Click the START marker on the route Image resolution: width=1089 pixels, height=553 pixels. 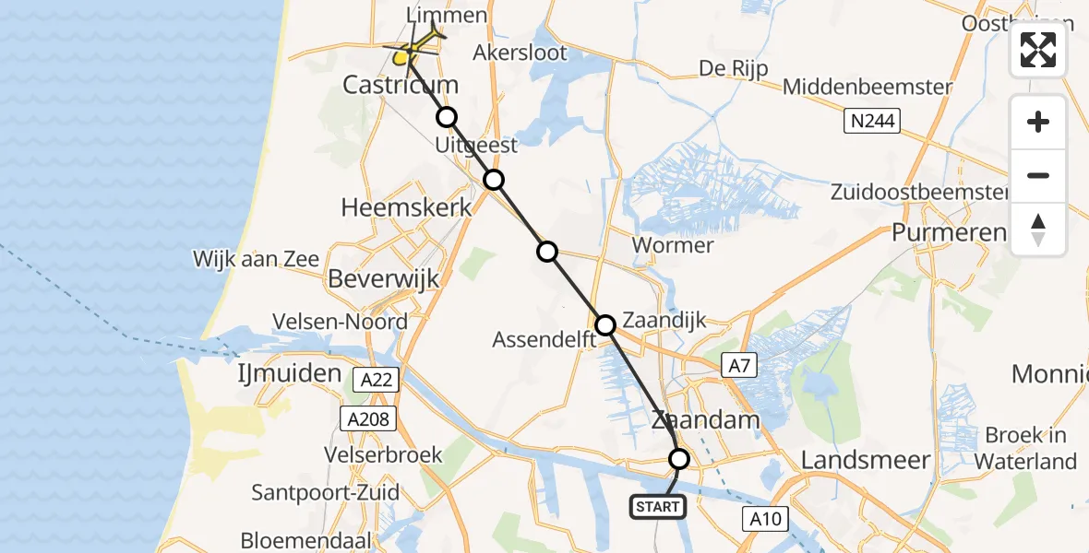point(658,506)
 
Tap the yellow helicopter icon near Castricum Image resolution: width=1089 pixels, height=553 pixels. point(404,57)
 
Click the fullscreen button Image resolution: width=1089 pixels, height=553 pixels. point(1038,50)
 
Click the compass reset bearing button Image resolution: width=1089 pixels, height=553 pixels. point(1038,229)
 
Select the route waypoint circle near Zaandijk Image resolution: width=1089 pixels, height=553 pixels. point(605,324)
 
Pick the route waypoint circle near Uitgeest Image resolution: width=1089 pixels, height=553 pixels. point(495,180)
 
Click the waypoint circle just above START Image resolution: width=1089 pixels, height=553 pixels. point(679,458)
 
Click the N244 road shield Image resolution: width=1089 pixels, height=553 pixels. point(871,120)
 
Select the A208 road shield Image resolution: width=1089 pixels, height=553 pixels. point(369,419)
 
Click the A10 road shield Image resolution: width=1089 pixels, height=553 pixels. point(765,519)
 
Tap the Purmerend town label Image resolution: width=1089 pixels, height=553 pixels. point(949,232)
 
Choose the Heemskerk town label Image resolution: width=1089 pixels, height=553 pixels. point(407,207)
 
